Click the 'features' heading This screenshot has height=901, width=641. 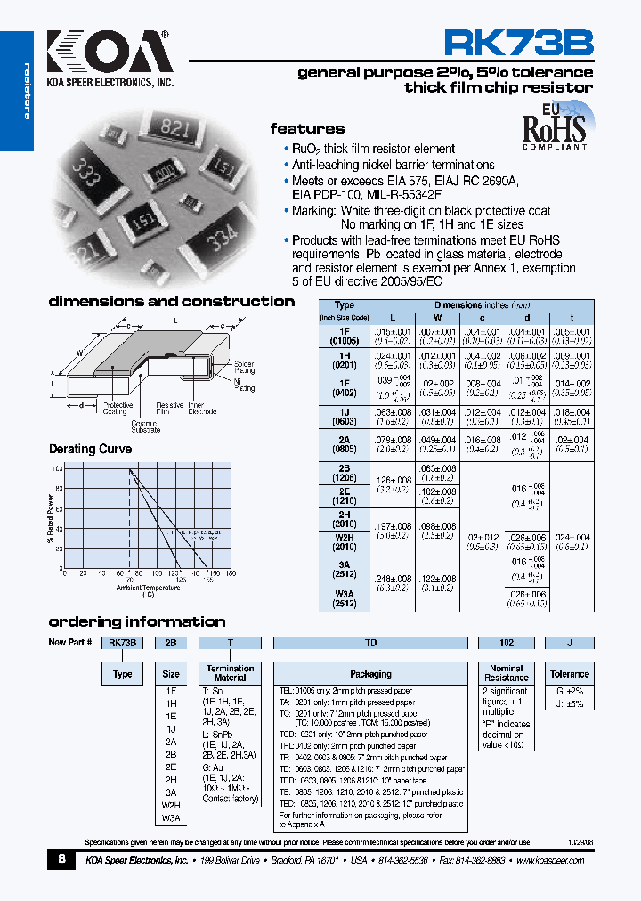307,128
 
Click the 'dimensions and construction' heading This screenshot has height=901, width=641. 171,302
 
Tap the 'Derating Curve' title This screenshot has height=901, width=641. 90,449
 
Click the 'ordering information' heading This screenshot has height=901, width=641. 136,621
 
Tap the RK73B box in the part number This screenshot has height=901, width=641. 122,643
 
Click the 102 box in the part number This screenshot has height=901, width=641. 506,643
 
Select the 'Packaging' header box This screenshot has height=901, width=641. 370,674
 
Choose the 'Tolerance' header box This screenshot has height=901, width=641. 569,674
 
